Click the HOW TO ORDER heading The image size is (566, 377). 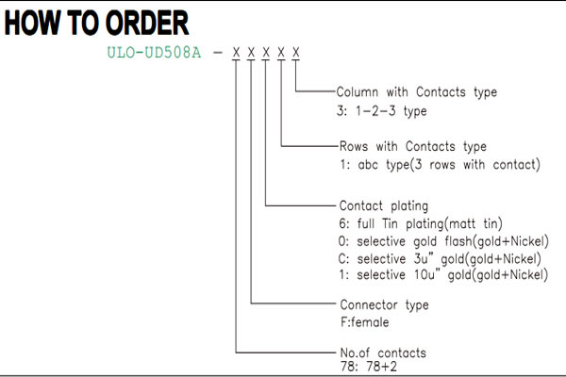96,23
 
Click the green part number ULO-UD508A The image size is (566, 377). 154,53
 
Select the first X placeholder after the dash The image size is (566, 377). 236,53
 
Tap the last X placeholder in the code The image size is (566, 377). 296,53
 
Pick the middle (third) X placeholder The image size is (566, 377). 266,53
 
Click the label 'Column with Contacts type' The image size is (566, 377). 417,92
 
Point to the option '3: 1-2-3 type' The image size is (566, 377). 381,111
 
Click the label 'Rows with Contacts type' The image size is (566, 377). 413,146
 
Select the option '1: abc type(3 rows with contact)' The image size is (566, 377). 440,165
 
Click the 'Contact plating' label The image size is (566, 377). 384,206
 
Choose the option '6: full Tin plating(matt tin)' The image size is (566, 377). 421,223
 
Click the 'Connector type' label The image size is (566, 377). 385,305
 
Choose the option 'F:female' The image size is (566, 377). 364,321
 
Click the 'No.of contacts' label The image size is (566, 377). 383,352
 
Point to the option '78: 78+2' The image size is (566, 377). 369,367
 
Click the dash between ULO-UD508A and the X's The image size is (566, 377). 218,53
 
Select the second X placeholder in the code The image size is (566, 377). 251,53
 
